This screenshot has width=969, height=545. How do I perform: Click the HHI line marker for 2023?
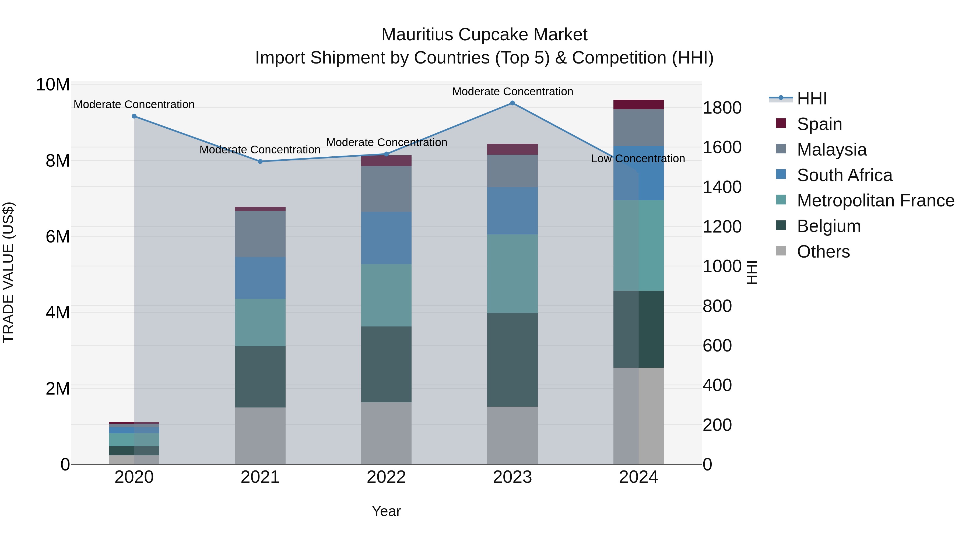click(x=512, y=103)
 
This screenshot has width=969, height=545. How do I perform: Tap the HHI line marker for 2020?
click(x=134, y=116)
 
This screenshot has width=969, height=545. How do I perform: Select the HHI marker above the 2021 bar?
click(x=260, y=161)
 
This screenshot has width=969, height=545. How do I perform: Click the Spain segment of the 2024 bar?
click(x=638, y=105)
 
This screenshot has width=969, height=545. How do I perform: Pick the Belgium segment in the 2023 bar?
click(x=512, y=360)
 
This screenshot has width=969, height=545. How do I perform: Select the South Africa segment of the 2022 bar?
click(x=386, y=238)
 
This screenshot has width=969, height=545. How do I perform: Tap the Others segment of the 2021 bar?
click(x=260, y=435)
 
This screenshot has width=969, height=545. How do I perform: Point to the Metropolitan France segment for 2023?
click(x=512, y=274)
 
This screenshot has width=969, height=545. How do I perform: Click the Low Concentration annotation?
click(x=638, y=159)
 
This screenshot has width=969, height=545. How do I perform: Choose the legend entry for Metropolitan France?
click(x=875, y=201)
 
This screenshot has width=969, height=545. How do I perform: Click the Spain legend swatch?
click(x=781, y=123)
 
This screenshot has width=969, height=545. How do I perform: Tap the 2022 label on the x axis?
click(x=386, y=477)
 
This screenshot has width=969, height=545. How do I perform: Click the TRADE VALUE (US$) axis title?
click(x=8, y=272)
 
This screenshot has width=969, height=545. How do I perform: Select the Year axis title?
click(x=386, y=511)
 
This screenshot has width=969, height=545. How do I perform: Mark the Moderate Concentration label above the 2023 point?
click(x=512, y=92)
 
